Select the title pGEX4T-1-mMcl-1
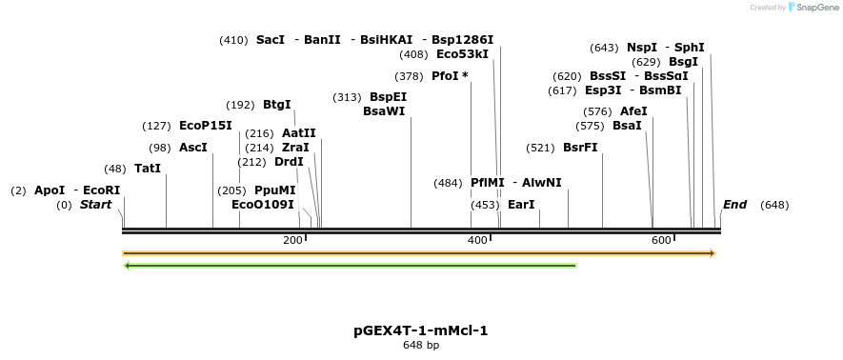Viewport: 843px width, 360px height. pyautogui.click(x=420, y=330)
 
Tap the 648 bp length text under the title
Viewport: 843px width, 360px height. pyautogui.click(x=420, y=345)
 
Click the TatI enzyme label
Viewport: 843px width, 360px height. pyautogui.click(x=148, y=169)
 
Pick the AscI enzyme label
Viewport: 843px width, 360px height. pyautogui.click(x=192, y=148)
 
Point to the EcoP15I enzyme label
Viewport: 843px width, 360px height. pyautogui.click(x=205, y=126)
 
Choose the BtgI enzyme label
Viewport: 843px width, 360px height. pyautogui.click(x=276, y=105)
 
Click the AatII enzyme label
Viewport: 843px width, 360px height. pyautogui.click(x=298, y=133)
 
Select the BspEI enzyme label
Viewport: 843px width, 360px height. pyautogui.click(x=388, y=97)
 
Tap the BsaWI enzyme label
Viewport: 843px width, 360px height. pyautogui.click(x=384, y=111)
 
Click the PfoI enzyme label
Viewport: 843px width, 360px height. pyautogui.click(x=446, y=76)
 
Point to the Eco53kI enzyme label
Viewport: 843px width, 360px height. pyautogui.click(x=462, y=54)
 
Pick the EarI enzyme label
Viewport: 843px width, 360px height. pyautogui.click(x=521, y=205)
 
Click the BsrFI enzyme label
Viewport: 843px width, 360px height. pyautogui.click(x=580, y=148)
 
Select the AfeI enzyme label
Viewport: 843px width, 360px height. pyautogui.click(x=633, y=111)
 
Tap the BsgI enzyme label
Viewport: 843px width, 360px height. pyautogui.click(x=683, y=62)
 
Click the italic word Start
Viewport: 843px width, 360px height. pyautogui.click(x=95, y=205)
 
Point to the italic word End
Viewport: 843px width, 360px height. pyautogui.click(x=734, y=205)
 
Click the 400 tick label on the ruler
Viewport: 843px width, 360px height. pyautogui.click(x=477, y=240)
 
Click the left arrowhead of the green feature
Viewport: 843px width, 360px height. pyautogui.click(x=128, y=266)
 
